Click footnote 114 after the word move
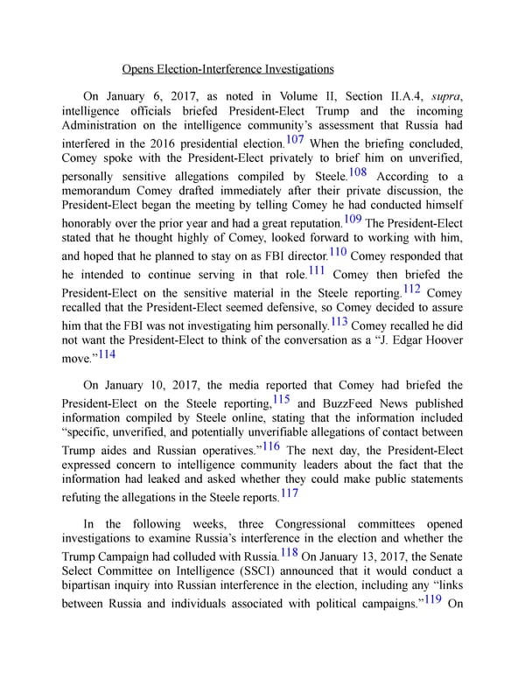click(107, 354)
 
